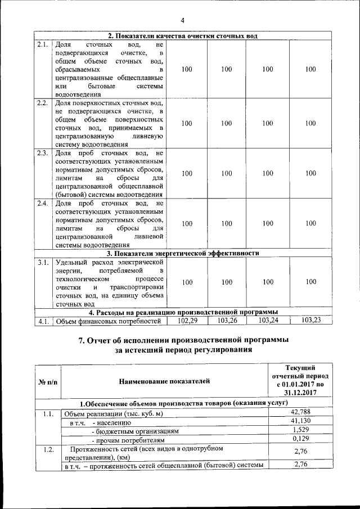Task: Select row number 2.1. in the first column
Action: click(42, 44)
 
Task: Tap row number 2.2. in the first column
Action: click(42, 103)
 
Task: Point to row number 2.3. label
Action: click(42, 154)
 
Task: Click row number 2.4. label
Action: click(42, 203)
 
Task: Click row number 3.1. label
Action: click(42, 262)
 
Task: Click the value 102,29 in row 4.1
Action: click(188, 321)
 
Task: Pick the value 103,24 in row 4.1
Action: click(268, 321)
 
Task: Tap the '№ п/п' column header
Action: click(47, 382)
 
